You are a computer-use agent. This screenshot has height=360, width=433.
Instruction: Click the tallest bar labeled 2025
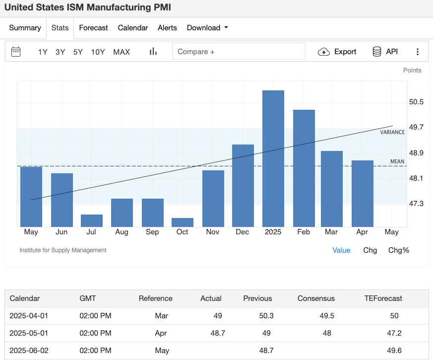coord(273,158)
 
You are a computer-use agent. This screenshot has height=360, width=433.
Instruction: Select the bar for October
coord(182,222)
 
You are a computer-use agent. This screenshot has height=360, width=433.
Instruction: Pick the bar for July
coord(91,220)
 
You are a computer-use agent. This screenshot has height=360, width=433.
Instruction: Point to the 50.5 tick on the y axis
coord(416,102)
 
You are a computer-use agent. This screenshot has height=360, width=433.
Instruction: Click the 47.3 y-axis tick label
coord(416,204)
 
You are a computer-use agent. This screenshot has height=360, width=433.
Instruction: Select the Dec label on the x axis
coord(243,232)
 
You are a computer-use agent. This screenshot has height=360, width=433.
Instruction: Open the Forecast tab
coord(93,28)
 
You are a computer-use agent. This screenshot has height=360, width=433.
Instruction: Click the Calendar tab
coord(132,28)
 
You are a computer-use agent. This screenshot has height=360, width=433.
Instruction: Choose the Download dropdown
coord(207,28)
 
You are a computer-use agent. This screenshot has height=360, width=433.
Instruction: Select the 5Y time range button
coord(78,52)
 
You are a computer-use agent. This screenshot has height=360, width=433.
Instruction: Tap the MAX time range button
coord(122,52)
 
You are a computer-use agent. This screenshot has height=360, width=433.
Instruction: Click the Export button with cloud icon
coord(337,52)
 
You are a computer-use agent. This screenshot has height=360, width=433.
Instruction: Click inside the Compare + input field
coord(238,52)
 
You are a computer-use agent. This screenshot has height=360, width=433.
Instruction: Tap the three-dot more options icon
coord(418,52)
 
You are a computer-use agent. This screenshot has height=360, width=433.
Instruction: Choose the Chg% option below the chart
coord(398,250)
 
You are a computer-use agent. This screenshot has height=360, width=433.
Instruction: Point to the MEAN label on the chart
coord(397,161)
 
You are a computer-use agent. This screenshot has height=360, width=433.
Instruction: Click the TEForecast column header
coord(383,298)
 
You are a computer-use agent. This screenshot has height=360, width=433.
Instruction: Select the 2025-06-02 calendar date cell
coord(29,351)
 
